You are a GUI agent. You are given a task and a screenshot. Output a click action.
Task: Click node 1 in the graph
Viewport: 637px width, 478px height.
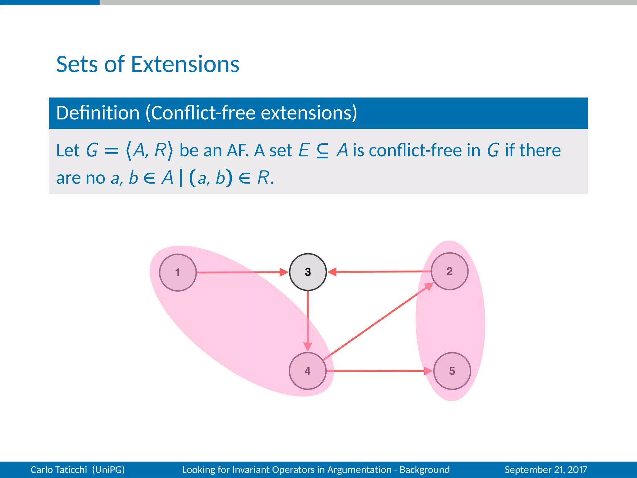178,272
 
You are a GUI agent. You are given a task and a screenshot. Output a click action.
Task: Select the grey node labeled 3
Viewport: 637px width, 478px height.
308,272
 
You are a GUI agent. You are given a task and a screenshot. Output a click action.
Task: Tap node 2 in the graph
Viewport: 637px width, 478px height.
449,271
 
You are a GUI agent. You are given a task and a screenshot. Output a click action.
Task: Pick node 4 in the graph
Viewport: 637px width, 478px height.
308,371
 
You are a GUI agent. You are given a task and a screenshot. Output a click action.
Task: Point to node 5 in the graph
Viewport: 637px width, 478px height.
452,371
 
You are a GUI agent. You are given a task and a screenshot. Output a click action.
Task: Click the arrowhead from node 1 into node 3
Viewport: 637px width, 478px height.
284,272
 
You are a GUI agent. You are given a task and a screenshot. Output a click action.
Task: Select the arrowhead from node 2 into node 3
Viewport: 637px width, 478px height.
332,272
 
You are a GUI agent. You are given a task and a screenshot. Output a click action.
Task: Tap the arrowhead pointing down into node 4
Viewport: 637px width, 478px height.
308,346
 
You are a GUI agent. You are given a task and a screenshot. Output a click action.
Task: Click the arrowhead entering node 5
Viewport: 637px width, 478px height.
428,371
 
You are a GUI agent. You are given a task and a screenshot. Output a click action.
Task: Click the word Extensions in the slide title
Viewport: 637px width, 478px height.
185,64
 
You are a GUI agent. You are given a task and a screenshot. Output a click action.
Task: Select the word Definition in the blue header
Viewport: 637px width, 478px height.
98,113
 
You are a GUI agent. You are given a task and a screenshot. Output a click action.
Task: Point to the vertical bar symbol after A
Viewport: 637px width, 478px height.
181,178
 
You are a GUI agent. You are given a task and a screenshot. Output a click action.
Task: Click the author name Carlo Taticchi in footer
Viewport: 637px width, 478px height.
58,469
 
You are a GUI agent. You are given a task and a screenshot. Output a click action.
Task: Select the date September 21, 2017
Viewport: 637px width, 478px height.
546,469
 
